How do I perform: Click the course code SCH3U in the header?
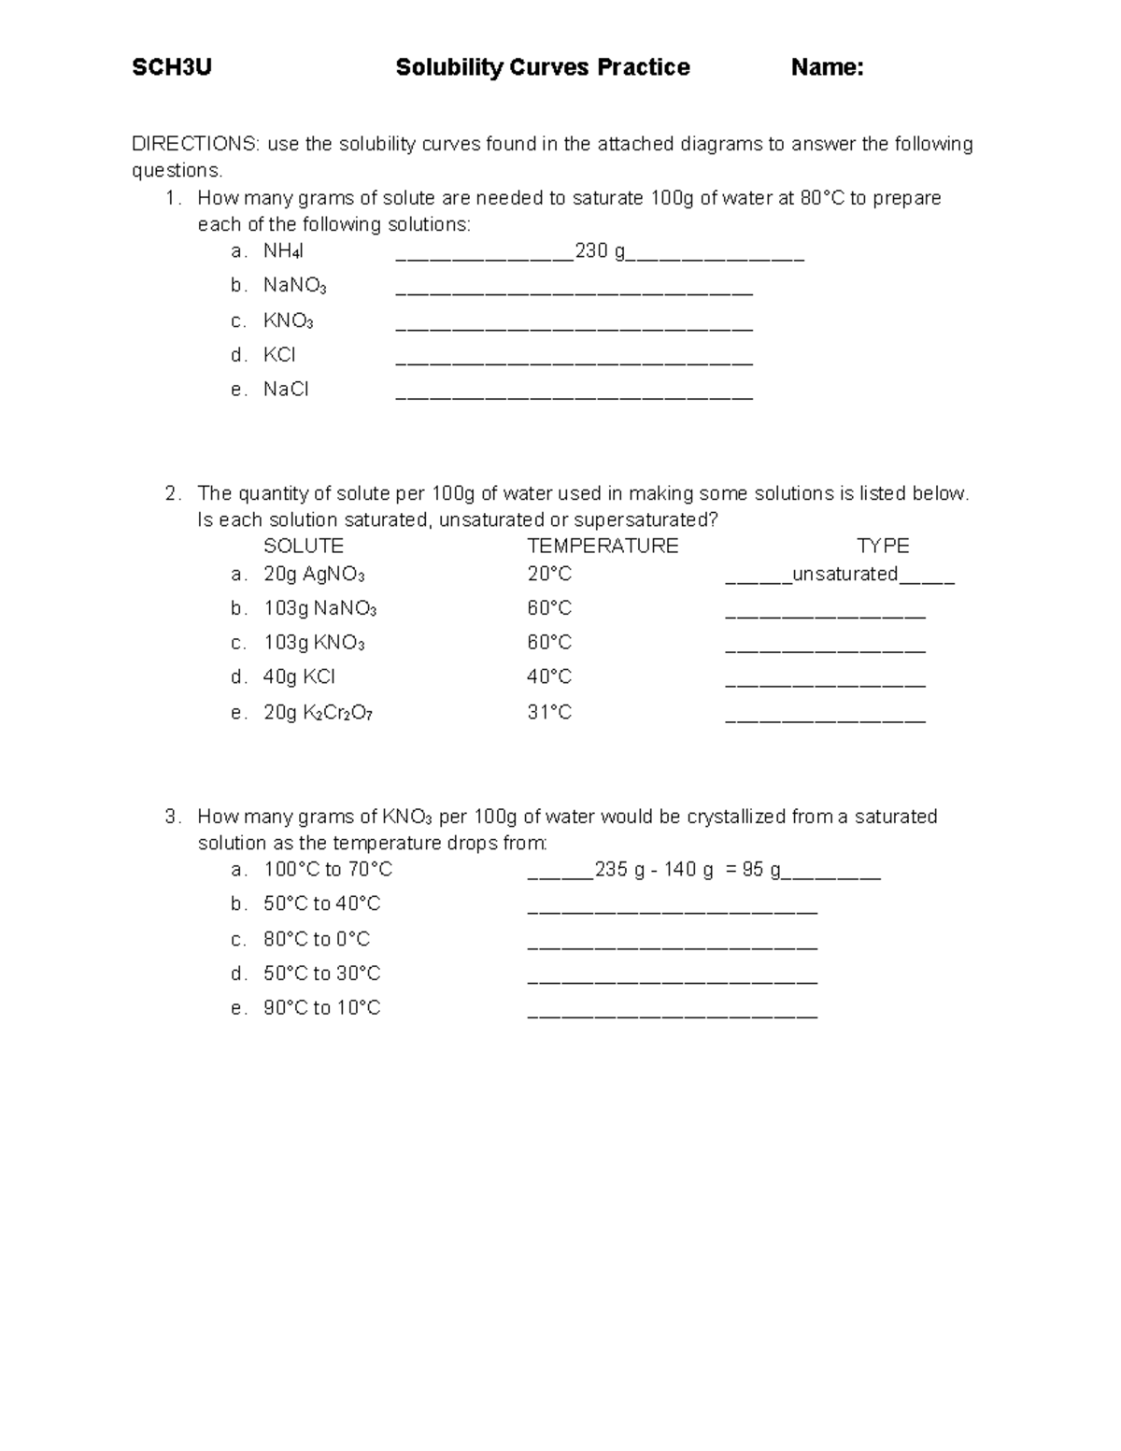172,67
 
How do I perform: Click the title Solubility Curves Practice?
543,67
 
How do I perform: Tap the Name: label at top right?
827,67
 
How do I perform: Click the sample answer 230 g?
600,250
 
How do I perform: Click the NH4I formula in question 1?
283,251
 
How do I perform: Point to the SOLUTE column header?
304,546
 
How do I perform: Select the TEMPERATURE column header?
603,546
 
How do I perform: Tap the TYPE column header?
883,546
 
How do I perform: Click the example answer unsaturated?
844,574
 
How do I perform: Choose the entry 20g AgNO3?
314,575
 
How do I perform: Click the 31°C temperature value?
549,712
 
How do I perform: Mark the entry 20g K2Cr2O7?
318,713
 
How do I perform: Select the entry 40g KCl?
299,676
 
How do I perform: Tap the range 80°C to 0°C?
317,939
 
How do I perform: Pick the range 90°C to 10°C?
321,1008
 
